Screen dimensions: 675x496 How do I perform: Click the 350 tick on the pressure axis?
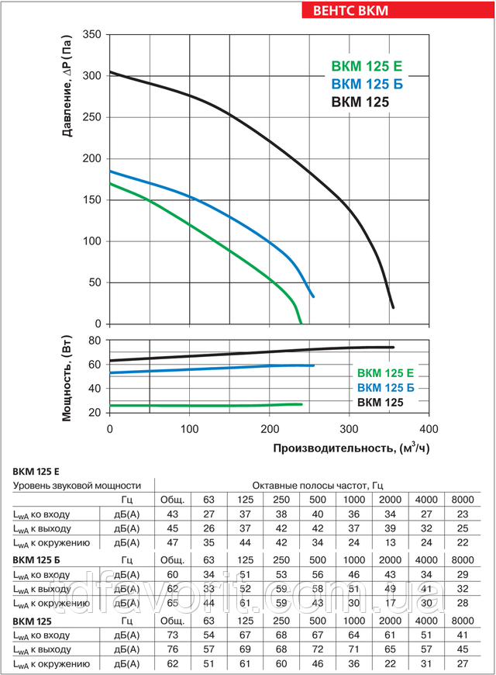[x=92, y=35]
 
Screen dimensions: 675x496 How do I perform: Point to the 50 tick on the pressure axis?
[x=95, y=282]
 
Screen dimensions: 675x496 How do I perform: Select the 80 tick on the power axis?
[x=95, y=340]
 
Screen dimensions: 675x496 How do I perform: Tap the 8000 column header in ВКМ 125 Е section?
[x=463, y=499]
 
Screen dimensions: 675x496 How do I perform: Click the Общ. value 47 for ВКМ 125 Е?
[x=173, y=542]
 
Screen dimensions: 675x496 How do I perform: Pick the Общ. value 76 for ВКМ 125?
[x=173, y=649]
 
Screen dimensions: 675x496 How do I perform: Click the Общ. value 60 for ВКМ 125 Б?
[x=173, y=574]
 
